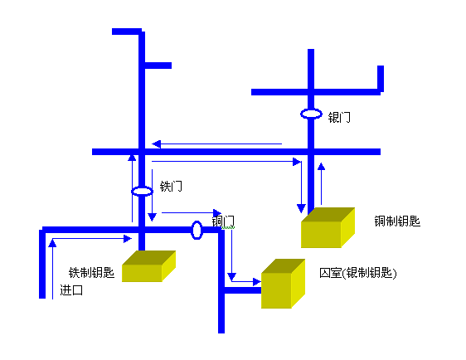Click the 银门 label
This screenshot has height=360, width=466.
[x=339, y=118]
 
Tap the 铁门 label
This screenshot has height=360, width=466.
[x=171, y=187]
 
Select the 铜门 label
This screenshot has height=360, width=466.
[x=223, y=221]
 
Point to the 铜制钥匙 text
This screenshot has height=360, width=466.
[x=397, y=221]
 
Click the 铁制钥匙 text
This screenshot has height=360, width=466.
[x=91, y=272]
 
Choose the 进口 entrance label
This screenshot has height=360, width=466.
[x=71, y=289]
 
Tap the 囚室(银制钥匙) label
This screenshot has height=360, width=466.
[x=358, y=273]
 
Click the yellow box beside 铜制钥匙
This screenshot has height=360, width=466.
[x=328, y=227]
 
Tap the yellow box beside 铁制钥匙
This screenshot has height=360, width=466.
[x=149, y=266]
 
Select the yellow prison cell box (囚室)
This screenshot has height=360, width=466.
[x=284, y=284]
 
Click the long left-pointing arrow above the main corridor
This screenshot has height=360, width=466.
[x=217, y=144]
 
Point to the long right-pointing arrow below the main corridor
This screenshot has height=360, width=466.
[x=226, y=162]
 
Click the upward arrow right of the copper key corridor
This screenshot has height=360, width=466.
[x=321, y=183]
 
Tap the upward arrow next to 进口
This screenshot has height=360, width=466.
[x=52, y=269]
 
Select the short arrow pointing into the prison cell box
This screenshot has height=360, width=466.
[x=246, y=281]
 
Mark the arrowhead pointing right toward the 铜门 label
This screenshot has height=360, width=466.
[x=217, y=213]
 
